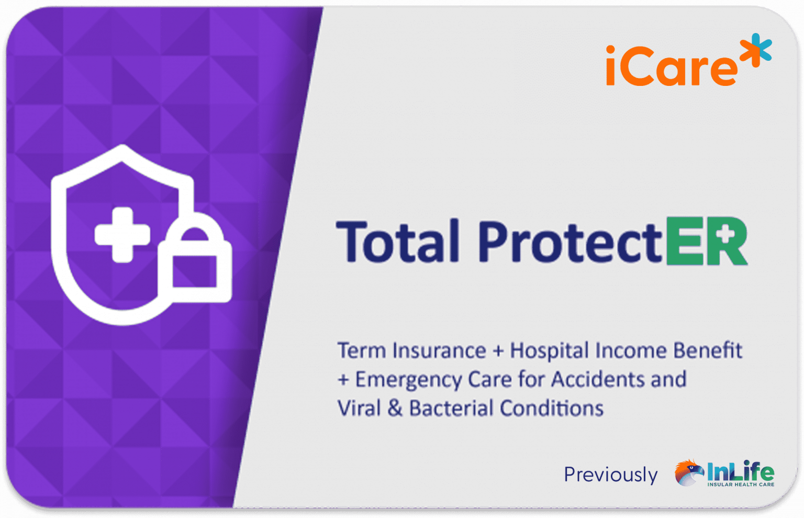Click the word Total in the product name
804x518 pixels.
coord(398,241)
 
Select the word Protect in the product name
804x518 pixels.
coord(570,241)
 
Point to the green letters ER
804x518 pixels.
coord(707,241)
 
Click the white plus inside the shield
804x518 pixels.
coord(121,234)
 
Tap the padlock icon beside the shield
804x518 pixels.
coord(195,262)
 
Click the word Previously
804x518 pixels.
coord(610,475)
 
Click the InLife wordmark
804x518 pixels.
coord(740,471)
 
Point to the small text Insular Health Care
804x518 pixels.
coord(740,484)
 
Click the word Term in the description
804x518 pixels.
coord(361,350)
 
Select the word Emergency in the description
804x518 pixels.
coord(408,380)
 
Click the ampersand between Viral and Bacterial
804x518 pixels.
coord(395,408)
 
